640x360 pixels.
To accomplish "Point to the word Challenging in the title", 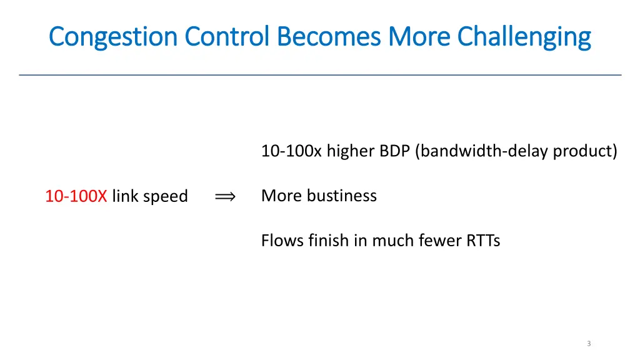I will pos(524,37).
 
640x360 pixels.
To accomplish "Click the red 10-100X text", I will pos(76,196).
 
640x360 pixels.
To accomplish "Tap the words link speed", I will pos(150,197).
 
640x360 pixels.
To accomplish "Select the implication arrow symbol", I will pos(224,197).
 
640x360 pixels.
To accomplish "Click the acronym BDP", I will pos(394,151).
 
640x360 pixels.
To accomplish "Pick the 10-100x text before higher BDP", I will pos(291,151).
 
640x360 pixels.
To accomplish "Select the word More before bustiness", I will pos(281,196).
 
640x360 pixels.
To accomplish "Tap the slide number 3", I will pos(589,343).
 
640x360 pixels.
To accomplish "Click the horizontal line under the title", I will pos(320,75).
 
